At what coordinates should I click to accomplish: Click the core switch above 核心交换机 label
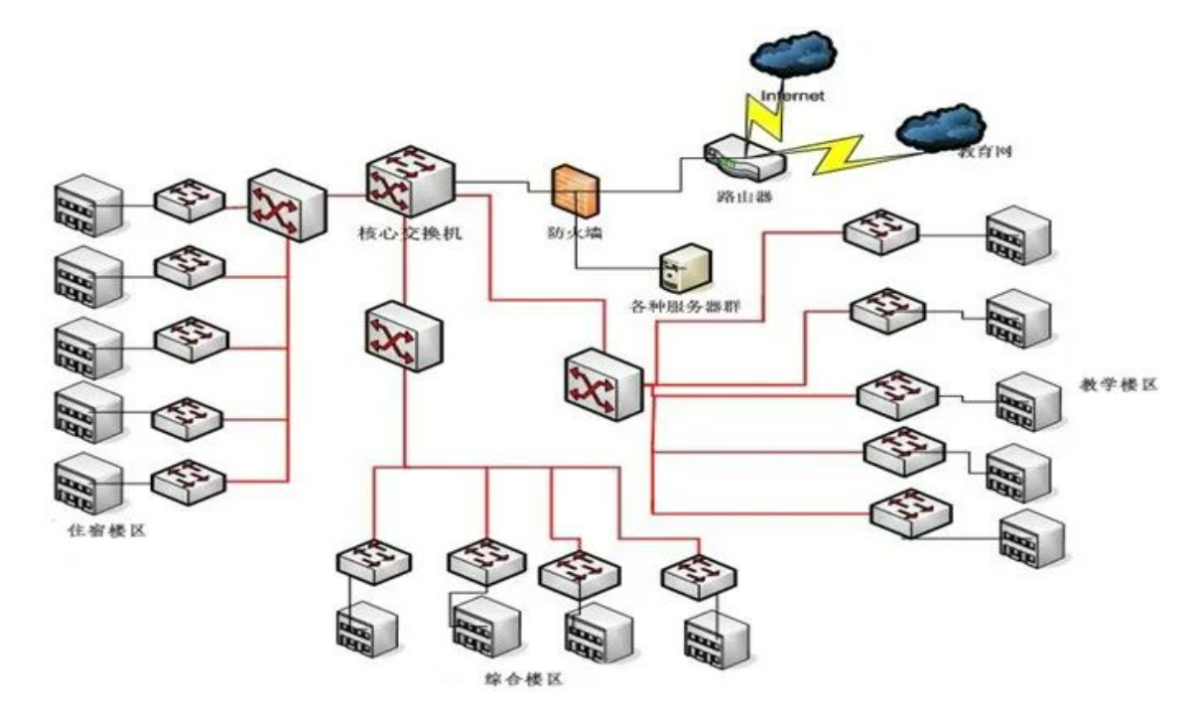[408, 182]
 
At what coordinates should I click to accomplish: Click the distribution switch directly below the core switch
[403, 338]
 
